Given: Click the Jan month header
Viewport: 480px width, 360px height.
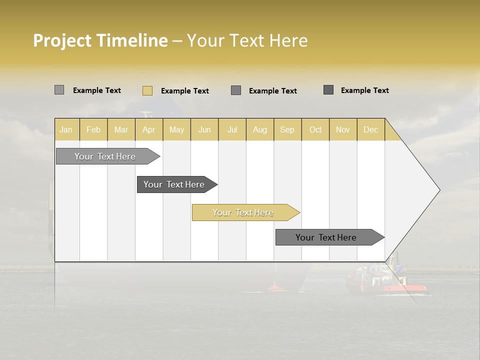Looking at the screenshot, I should click(x=66, y=129).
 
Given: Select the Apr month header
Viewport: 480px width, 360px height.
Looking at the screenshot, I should click(x=148, y=129).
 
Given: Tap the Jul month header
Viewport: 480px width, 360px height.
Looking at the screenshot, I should click(x=232, y=129).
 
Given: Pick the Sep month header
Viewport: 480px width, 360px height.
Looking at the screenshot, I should click(x=287, y=129).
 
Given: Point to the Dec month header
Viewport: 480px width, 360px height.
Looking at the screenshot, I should click(x=370, y=129).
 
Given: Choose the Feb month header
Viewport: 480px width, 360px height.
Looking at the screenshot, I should click(x=93, y=129).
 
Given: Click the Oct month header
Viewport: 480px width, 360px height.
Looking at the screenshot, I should click(x=315, y=129).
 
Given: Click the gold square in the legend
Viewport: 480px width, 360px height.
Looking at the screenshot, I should click(x=147, y=90).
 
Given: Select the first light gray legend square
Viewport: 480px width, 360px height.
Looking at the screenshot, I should click(x=59, y=90).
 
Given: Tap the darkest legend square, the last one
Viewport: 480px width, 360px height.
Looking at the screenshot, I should click(x=328, y=90).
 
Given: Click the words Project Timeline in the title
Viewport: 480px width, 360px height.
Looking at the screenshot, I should click(x=100, y=40).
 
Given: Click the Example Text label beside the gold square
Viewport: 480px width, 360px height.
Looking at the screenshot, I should click(x=184, y=91).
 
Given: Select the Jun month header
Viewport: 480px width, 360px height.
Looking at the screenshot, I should click(x=204, y=129).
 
